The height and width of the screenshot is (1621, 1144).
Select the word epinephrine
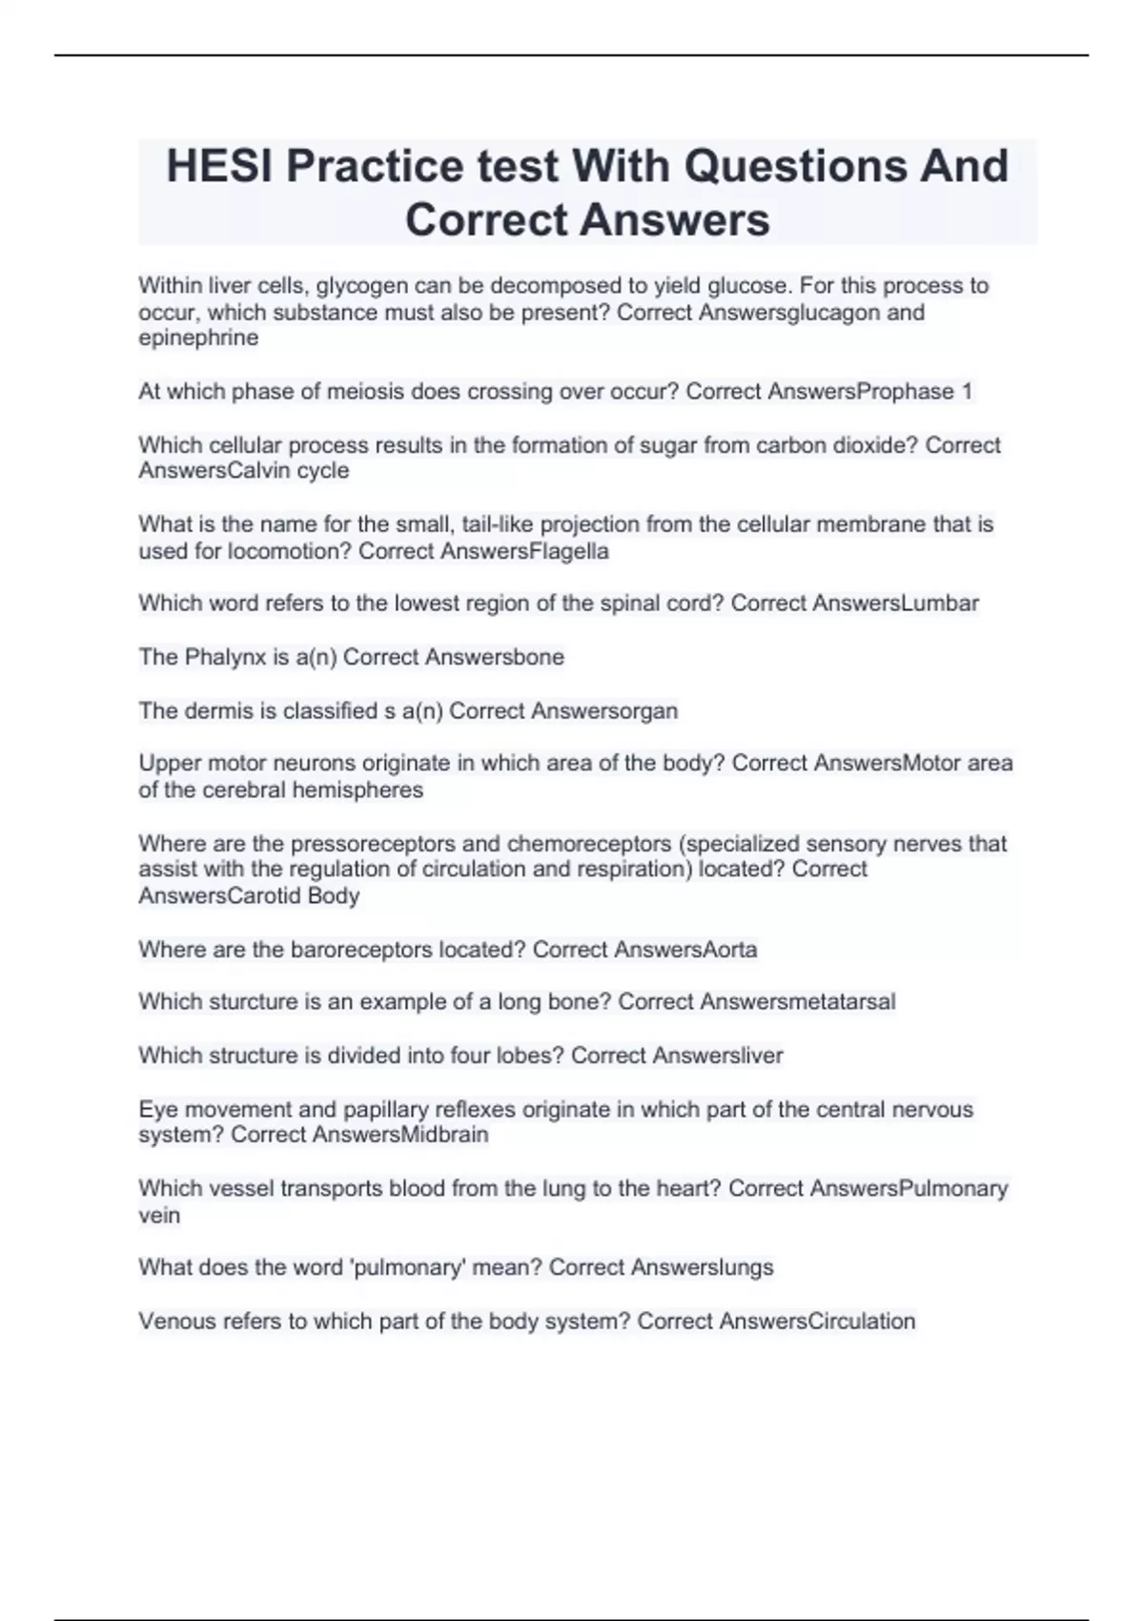pyautogui.click(x=198, y=338)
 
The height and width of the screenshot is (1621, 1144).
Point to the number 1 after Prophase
pyautogui.click(x=967, y=391)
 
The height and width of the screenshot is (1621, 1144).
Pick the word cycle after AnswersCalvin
pyautogui.click(x=323, y=470)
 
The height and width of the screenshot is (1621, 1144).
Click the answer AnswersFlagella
pyautogui.click(x=524, y=551)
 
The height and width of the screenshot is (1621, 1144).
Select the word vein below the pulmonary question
pyautogui.click(x=159, y=1215)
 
